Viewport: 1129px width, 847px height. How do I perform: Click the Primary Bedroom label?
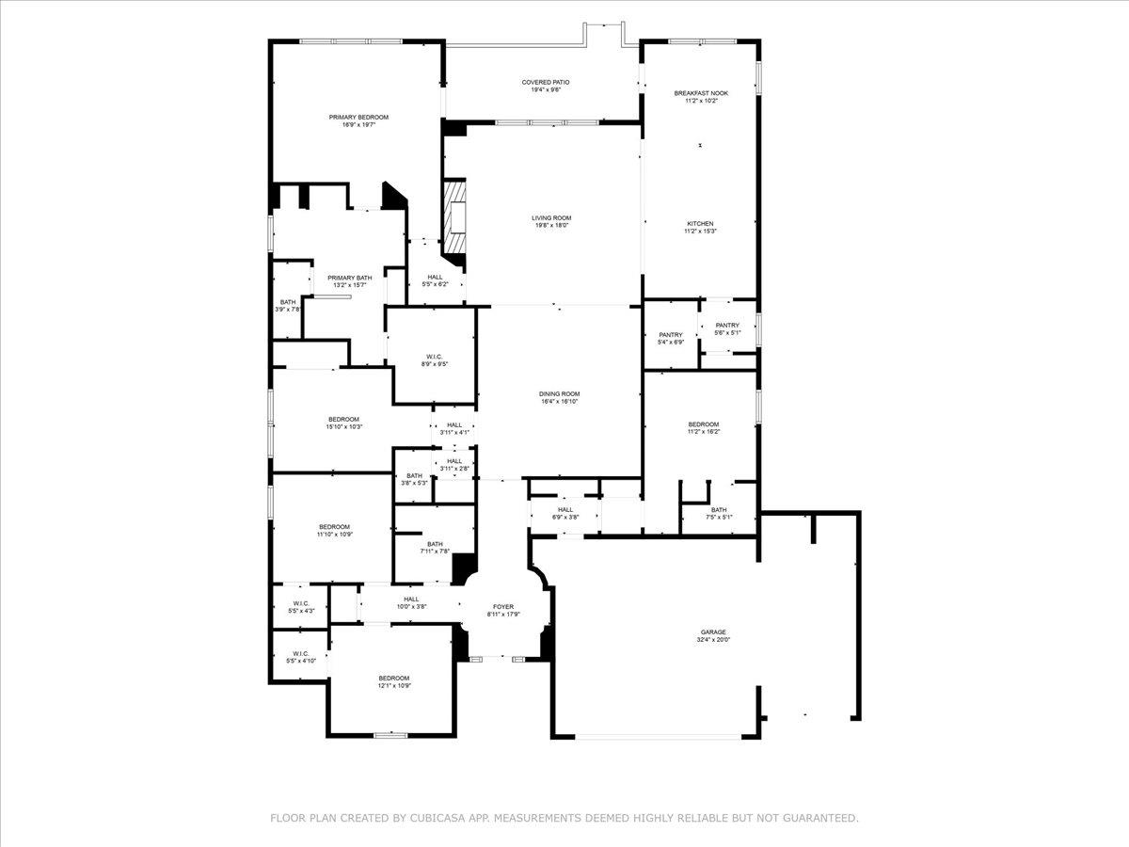(358, 118)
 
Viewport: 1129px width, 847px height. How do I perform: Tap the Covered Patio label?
(546, 83)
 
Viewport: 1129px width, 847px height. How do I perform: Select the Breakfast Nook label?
(701, 93)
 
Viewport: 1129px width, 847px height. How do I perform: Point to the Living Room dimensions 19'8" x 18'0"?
(551, 226)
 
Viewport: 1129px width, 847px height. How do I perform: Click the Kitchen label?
(701, 224)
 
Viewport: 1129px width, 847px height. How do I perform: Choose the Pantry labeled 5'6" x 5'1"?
(727, 326)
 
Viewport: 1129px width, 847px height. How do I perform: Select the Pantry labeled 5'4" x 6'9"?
(671, 335)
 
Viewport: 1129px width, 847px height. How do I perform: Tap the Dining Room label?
(559, 394)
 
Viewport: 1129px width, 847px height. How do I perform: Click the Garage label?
(713, 632)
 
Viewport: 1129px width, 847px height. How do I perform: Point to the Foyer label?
(503, 607)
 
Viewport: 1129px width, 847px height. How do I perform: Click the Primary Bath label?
(349, 278)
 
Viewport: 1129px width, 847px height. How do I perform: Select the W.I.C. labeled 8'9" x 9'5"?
(435, 357)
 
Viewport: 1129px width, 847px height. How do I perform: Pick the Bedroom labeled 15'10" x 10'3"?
(343, 420)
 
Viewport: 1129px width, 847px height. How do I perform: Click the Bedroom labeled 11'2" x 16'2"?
(703, 424)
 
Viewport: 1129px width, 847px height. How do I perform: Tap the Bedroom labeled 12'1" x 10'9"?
(394, 679)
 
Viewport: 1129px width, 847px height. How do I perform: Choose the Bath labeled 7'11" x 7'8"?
(435, 544)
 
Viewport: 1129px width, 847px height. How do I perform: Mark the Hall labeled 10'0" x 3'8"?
(411, 599)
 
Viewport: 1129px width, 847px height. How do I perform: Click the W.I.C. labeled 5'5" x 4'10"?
(301, 653)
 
